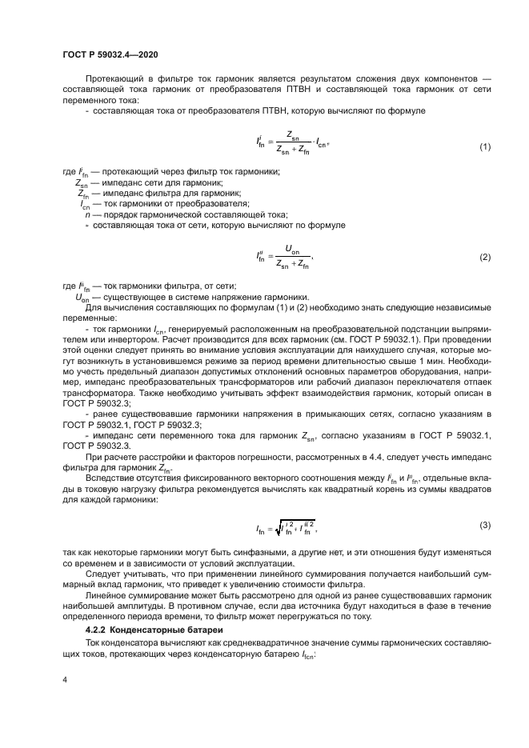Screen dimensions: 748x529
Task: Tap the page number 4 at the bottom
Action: click(63, 678)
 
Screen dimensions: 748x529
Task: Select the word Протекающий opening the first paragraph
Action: click(113, 82)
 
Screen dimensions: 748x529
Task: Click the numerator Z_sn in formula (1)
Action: click(291, 137)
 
